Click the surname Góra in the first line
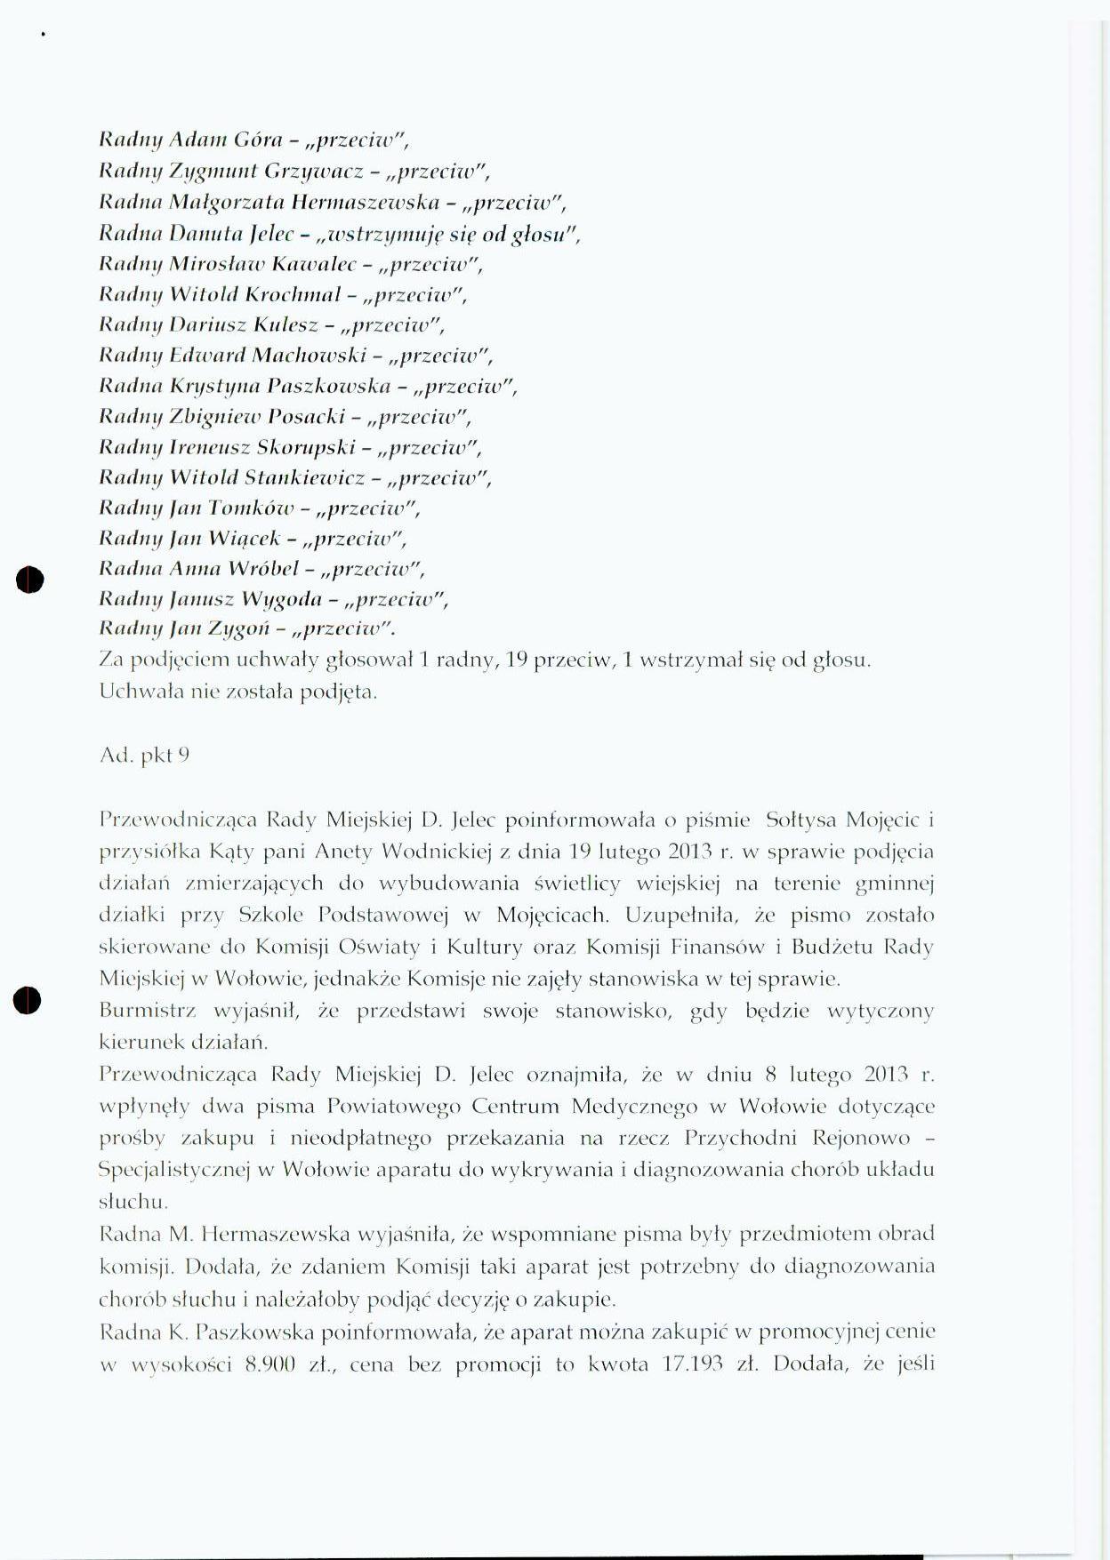tap(258, 140)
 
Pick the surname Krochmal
tap(293, 294)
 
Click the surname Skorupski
tap(304, 447)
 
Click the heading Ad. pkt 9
tap(144, 756)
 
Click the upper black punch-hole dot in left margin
tap(29, 579)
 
